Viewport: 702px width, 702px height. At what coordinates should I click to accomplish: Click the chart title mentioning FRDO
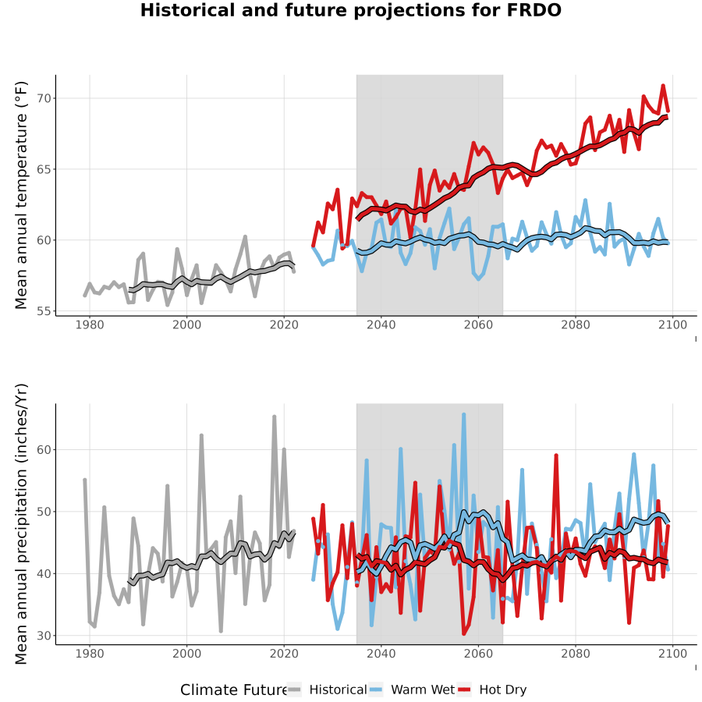pyautogui.click(x=350, y=10)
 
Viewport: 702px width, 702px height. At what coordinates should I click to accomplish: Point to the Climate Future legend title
pyautogui.click(x=234, y=690)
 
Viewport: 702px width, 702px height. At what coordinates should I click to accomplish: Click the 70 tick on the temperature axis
pyautogui.click(x=44, y=98)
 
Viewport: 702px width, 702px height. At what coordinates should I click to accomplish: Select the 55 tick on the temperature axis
pyautogui.click(x=44, y=311)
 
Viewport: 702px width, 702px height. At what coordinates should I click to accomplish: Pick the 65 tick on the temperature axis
pyautogui.click(x=44, y=169)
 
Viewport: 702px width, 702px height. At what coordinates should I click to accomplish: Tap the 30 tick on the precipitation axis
pyautogui.click(x=44, y=636)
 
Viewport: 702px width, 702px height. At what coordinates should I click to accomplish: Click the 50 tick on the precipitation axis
pyautogui.click(x=44, y=511)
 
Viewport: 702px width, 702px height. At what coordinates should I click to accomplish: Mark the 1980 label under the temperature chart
pyautogui.click(x=90, y=324)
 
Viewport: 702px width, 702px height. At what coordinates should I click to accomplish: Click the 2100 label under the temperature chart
pyautogui.click(x=672, y=324)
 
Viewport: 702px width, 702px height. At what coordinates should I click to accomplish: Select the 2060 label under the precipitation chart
pyautogui.click(x=478, y=654)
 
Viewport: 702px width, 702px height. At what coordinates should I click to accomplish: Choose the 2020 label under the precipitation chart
pyautogui.click(x=284, y=654)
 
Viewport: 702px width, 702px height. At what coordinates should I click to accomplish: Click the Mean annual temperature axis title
pyautogui.click(x=21, y=195)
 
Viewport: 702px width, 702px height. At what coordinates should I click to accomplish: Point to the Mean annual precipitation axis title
pyautogui.click(x=21, y=524)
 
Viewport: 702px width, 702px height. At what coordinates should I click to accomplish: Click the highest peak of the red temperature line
pyautogui.click(x=663, y=85)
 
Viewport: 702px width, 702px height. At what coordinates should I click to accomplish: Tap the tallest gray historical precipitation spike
pyautogui.click(x=275, y=417)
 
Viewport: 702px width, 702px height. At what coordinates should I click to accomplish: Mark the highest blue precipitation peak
pyautogui.click(x=464, y=415)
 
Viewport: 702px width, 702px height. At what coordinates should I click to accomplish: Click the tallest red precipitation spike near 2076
pyautogui.click(x=556, y=456)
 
